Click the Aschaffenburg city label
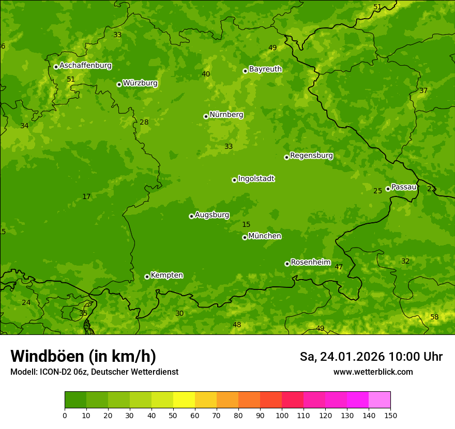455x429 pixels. click(85, 66)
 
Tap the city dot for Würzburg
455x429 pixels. click(119, 84)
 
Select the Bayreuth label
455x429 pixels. click(265, 69)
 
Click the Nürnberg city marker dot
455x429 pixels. click(206, 116)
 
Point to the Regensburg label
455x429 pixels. click(311, 156)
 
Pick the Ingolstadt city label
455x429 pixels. click(256, 179)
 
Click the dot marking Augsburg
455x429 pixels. click(191, 216)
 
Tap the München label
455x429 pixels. click(265, 236)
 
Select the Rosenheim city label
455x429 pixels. click(310, 263)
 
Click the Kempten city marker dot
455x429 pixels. click(147, 277)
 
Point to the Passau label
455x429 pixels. click(404, 187)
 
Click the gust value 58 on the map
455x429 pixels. click(434, 317)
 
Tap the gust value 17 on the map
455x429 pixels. click(86, 197)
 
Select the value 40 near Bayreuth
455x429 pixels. click(206, 74)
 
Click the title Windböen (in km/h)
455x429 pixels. click(83, 356)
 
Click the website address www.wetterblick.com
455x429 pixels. click(373, 372)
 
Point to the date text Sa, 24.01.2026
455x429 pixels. click(342, 357)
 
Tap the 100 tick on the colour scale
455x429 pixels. click(282, 416)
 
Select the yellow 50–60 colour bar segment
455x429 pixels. click(184, 400)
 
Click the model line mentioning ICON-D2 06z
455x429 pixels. click(94, 372)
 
